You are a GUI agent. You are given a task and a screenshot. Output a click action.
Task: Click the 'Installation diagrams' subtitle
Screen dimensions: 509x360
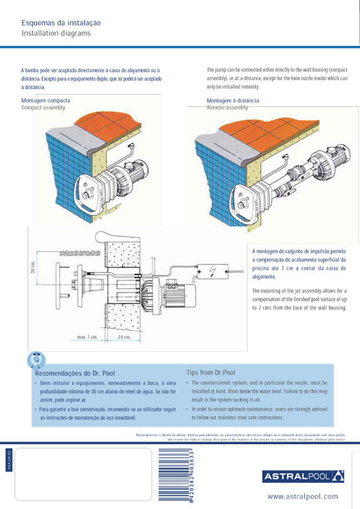[55, 33]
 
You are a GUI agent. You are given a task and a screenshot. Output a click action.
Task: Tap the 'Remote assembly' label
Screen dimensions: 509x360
[227, 107]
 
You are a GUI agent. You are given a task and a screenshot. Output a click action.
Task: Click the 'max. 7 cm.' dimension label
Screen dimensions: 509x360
[87, 338]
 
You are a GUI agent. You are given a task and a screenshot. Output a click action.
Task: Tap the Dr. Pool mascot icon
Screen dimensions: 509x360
[36, 359]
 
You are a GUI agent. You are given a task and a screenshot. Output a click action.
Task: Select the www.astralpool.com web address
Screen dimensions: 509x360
[303, 496]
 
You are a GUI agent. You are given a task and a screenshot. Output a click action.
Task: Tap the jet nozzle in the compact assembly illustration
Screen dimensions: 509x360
[89, 194]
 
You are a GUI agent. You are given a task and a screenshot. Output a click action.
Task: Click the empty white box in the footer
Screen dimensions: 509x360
[80, 474]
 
